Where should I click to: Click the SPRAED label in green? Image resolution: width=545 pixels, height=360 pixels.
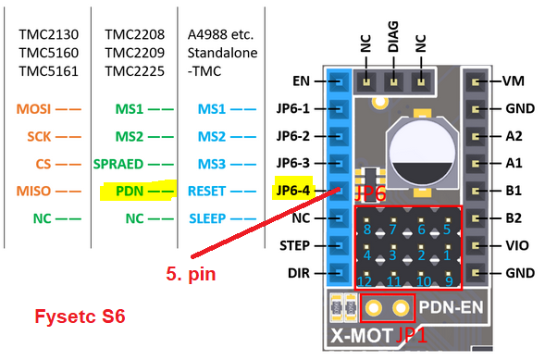pyautogui.click(x=118, y=164)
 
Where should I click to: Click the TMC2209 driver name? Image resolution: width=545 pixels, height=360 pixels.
pyautogui.click(x=130, y=53)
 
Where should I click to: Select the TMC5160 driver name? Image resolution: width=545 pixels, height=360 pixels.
pyautogui.click(x=45, y=53)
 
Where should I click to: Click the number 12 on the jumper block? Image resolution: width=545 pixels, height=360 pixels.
pyautogui.click(x=366, y=281)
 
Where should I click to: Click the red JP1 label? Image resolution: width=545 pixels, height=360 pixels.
pyautogui.click(x=413, y=335)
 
